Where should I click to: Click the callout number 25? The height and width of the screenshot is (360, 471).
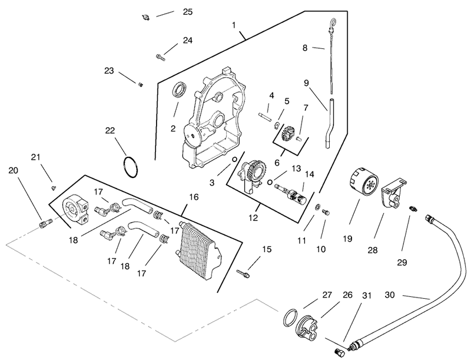(188, 12)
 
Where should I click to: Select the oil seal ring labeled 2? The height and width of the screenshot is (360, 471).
(180, 90)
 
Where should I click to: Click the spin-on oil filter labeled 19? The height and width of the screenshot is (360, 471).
(363, 183)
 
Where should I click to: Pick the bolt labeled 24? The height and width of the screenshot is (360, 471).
(161, 57)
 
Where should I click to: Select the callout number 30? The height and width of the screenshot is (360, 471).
(390, 295)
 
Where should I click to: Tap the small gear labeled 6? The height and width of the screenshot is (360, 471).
(288, 133)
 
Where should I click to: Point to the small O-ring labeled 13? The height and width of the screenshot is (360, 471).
(270, 182)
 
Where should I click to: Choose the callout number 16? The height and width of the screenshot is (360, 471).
(194, 197)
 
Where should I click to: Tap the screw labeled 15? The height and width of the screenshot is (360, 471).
(243, 273)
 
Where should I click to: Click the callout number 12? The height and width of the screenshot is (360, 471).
(253, 218)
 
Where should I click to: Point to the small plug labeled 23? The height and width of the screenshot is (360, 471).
(140, 85)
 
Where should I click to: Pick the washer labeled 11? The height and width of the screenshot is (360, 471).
(317, 207)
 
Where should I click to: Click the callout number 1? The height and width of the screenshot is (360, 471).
(234, 25)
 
